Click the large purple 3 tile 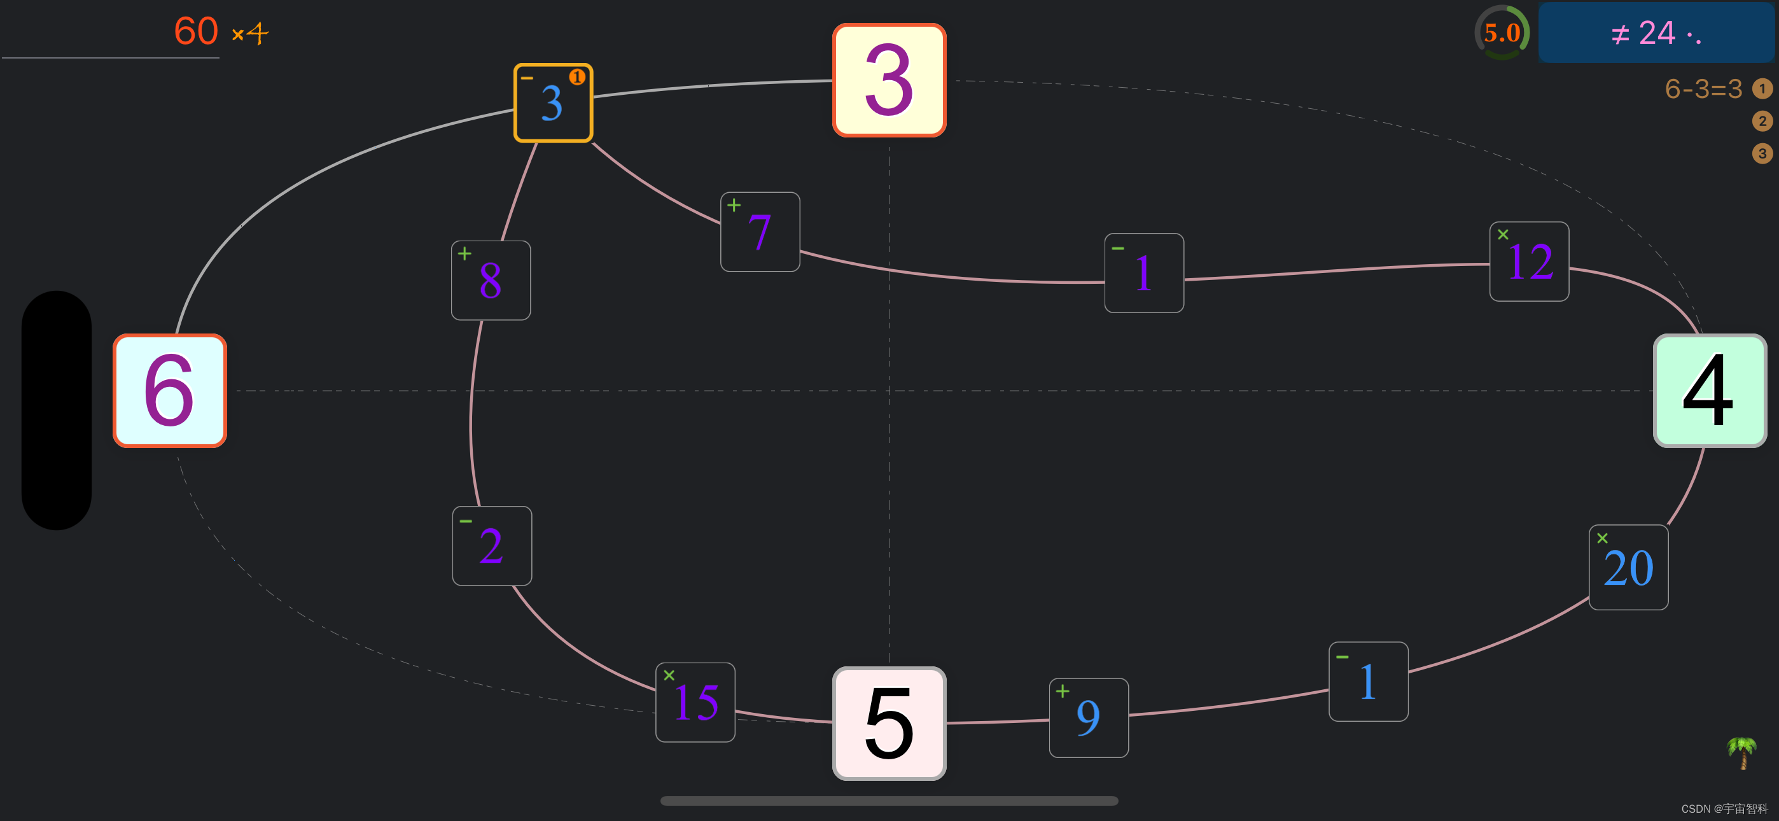pyautogui.click(x=889, y=80)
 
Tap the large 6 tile pyautogui.click(x=170, y=391)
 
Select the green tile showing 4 pyautogui.click(x=1709, y=391)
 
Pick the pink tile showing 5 pyautogui.click(x=889, y=723)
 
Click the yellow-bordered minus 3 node pyautogui.click(x=553, y=103)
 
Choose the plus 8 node pyautogui.click(x=491, y=280)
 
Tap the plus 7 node pyautogui.click(x=760, y=232)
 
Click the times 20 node pyautogui.click(x=1628, y=567)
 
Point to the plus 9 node pyautogui.click(x=1089, y=717)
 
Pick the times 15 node pyautogui.click(x=695, y=702)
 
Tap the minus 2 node pyautogui.click(x=492, y=546)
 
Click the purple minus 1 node pyautogui.click(x=1143, y=273)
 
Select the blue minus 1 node pyautogui.click(x=1368, y=682)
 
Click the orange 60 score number pyautogui.click(x=196, y=31)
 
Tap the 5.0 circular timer pyautogui.click(x=1502, y=32)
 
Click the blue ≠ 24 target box pyautogui.click(x=1656, y=32)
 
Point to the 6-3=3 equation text pyautogui.click(x=1703, y=88)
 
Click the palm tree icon pyautogui.click(x=1741, y=752)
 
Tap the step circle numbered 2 pyautogui.click(x=1762, y=121)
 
